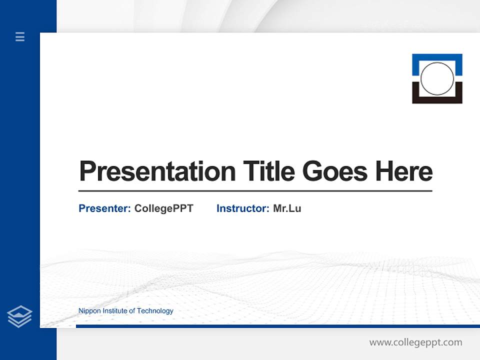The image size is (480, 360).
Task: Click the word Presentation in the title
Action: [x=157, y=172]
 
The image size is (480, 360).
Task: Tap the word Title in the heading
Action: [x=268, y=171]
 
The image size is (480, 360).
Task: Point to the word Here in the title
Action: [x=403, y=171]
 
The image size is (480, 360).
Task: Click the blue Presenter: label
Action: [x=104, y=208]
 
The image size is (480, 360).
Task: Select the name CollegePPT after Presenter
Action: [x=163, y=208]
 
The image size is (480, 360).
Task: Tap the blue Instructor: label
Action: [x=242, y=208]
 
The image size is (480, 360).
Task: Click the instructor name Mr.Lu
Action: [x=287, y=208]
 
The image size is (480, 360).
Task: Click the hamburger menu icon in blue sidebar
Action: [x=20, y=36]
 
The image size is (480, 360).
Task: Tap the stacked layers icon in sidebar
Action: [x=20, y=316]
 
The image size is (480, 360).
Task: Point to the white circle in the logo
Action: [x=437, y=78]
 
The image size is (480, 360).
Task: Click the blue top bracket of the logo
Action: [x=437, y=57]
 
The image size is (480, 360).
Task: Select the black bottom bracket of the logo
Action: [x=437, y=100]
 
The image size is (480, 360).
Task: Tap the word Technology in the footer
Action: [x=155, y=311]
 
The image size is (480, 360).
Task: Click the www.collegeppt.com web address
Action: [x=415, y=342]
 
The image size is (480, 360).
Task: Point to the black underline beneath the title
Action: [x=255, y=191]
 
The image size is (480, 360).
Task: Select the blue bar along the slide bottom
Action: [x=277, y=326]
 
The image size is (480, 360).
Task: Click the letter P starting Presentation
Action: [x=88, y=171]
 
